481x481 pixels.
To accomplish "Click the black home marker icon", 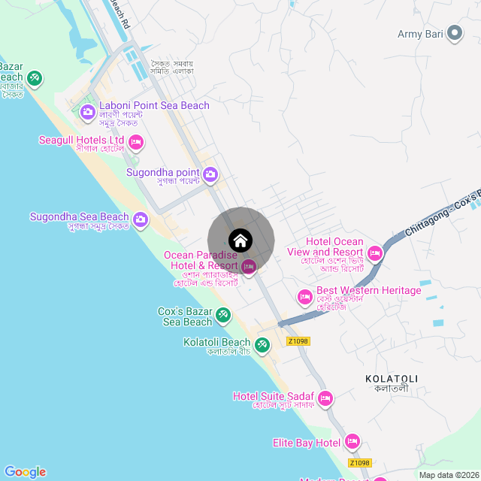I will point(240,240).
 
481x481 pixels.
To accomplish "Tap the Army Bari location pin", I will point(454,33).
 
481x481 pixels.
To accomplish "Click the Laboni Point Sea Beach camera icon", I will point(87,113).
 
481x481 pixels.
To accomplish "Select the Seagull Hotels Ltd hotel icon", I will point(136,141).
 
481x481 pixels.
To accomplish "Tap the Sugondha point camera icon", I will point(210,175).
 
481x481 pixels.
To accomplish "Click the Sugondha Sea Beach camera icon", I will point(141,219).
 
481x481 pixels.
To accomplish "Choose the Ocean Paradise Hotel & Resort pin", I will point(249,265).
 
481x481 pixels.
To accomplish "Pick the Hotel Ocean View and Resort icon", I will point(374,254).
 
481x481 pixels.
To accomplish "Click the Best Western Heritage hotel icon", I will point(305,297).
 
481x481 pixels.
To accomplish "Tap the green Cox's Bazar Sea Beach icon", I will point(223,315).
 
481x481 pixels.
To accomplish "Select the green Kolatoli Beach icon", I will point(262,345).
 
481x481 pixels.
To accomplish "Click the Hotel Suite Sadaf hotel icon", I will point(325,398).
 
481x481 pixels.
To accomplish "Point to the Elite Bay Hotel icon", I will point(353,442).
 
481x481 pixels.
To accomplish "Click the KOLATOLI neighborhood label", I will point(391,378).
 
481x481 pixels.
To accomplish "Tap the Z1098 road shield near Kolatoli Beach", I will point(298,340).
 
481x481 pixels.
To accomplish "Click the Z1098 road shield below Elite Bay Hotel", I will point(360,463).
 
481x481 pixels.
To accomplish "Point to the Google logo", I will point(25,471).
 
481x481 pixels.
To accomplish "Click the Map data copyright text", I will point(448,475).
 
